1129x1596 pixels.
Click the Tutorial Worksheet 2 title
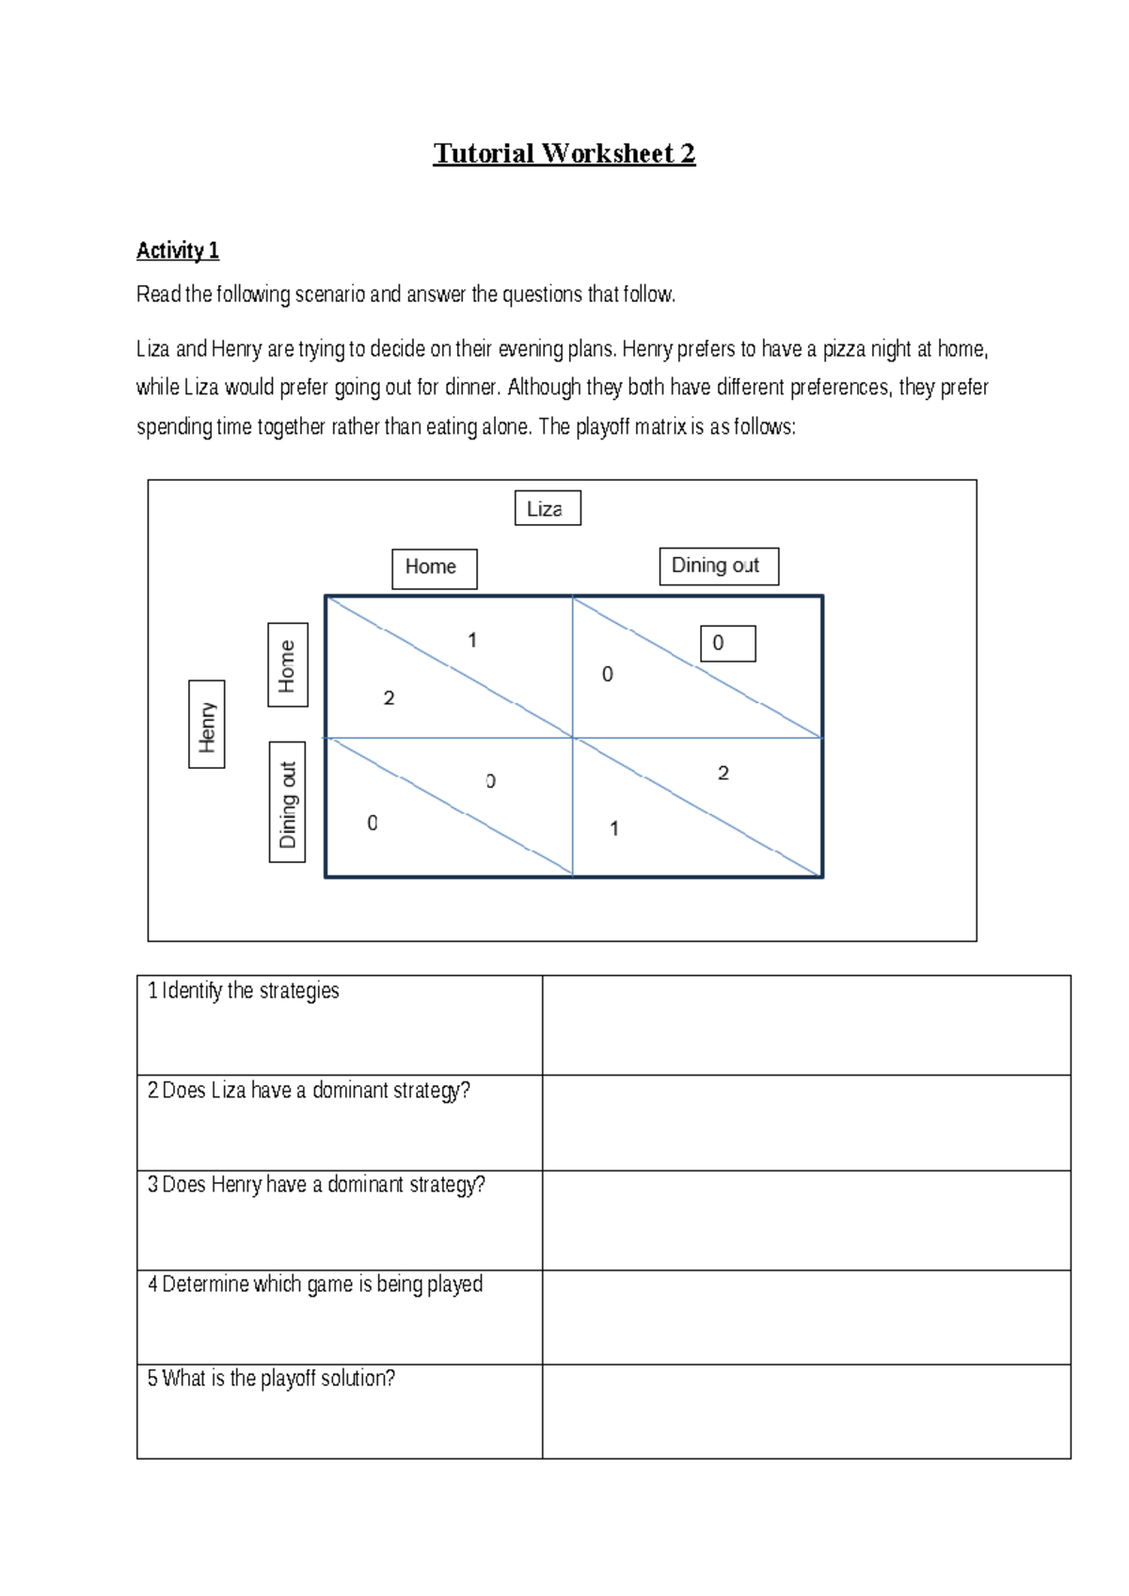[564, 153]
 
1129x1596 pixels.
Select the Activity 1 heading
[178, 250]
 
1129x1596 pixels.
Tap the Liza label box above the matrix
[547, 508]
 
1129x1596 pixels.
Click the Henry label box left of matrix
[206, 725]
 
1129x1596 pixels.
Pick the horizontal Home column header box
[434, 568]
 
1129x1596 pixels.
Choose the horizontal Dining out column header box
[718, 567]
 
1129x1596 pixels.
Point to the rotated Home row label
[287, 664]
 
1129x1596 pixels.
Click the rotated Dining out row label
[287, 802]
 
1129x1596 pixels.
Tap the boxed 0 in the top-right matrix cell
[727, 644]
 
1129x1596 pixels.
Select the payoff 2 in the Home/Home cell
[389, 698]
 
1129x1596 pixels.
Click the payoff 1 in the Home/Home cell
[472, 640]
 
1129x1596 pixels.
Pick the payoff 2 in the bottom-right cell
[723, 774]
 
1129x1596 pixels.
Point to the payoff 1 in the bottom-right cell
[613, 829]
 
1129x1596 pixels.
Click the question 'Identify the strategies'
[244, 991]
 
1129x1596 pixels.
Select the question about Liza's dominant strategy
[309, 1091]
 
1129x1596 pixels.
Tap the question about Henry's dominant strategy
[316, 1185]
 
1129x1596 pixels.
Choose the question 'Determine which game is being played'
[315, 1285]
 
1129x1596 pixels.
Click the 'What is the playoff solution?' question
[271, 1379]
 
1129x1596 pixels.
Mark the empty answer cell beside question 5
[806, 1412]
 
